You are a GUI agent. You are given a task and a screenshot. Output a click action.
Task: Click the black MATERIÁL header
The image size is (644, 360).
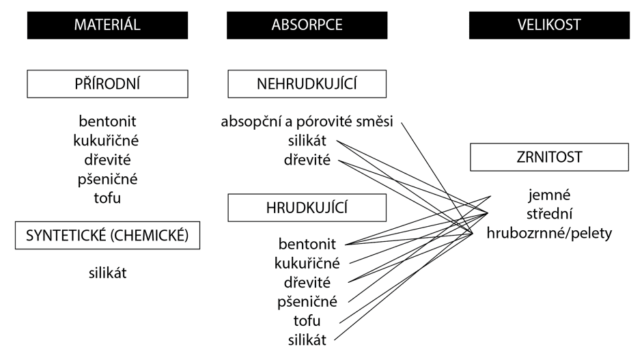[108, 25]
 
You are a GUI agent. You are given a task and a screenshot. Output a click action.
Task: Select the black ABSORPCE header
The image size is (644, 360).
[307, 25]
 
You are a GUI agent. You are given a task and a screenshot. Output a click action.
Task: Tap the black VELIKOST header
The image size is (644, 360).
[549, 25]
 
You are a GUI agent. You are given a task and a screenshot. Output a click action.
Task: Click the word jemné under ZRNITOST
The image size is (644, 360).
[549, 195]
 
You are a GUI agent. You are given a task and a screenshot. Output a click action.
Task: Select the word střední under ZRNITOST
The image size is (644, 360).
[549, 214]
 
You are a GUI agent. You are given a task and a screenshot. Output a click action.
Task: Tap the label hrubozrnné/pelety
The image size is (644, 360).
[549, 234]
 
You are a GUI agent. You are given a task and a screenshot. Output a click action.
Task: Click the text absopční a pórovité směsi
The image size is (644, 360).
[307, 122]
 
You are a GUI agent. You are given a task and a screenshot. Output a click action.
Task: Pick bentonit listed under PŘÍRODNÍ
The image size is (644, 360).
[108, 121]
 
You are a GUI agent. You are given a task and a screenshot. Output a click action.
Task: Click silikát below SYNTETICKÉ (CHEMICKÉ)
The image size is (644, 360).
[108, 273]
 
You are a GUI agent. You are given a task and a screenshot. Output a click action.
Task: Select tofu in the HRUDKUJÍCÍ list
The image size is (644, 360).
[307, 320]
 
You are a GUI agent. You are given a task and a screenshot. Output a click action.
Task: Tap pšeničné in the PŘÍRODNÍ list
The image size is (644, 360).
[108, 179]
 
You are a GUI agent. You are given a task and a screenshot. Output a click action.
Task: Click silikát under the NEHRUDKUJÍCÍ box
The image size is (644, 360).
[307, 141]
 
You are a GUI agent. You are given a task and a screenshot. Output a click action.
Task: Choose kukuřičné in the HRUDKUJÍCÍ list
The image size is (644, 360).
[307, 263]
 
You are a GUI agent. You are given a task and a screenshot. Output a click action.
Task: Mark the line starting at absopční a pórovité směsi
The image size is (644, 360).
[437, 178]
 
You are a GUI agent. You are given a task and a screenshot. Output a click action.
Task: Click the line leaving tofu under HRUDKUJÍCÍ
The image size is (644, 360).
[414, 268]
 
